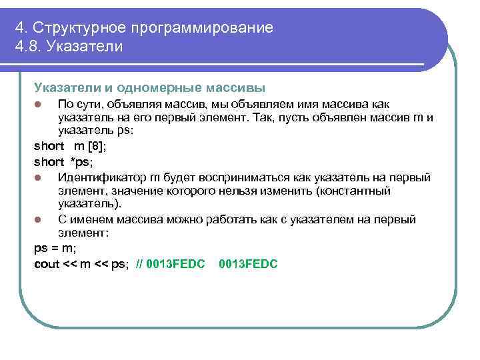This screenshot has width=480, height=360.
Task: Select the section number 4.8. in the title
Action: (x=29, y=47)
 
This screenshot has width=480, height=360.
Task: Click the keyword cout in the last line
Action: (x=46, y=264)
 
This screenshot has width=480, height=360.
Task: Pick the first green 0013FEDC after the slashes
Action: (x=176, y=264)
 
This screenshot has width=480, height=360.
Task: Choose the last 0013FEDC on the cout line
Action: (x=248, y=264)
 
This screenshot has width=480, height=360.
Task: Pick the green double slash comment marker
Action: (x=139, y=264)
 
